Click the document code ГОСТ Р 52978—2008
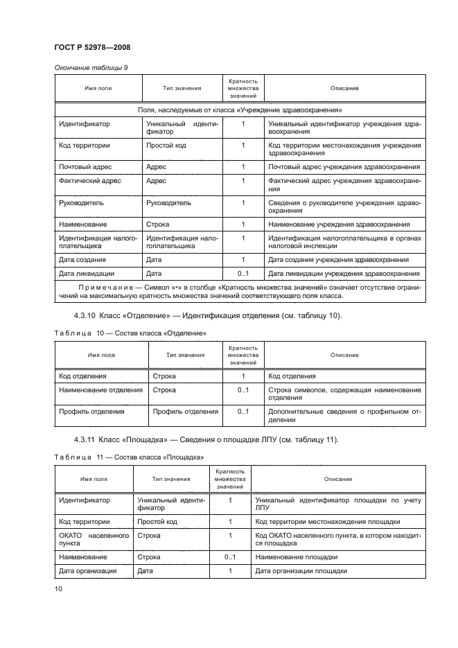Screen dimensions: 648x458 pyautogui.click(x=91, y=46)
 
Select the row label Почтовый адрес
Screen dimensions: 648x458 pyautogui.click(x=85, y=167)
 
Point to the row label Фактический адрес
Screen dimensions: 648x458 pyautogui.click(x=90, y=181)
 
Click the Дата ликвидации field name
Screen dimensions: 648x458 pyautogui.click(x=87, y=273)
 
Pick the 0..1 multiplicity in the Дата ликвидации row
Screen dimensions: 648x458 pyautogui.click(x=243, y=273)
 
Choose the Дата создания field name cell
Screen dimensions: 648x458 pyautogui.click(x=82, y=259)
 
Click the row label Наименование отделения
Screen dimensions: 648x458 pyautogui.click(x=100, y=390)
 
